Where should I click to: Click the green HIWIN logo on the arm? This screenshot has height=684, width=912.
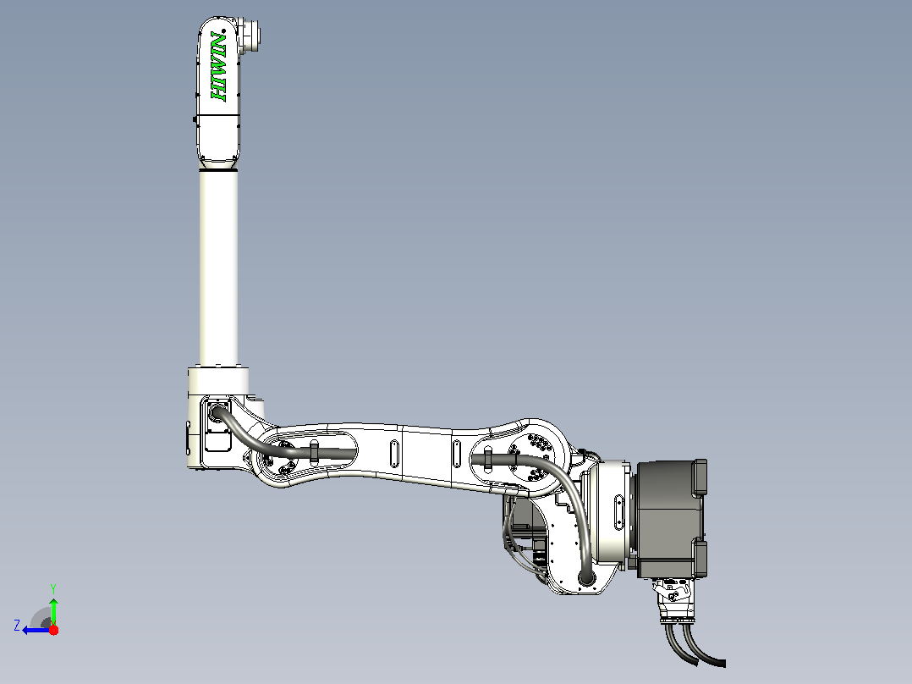218,66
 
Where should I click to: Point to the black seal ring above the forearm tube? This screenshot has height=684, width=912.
218,169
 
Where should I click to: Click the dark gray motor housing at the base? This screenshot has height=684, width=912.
672,518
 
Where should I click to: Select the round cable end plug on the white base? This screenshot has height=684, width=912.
586,578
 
